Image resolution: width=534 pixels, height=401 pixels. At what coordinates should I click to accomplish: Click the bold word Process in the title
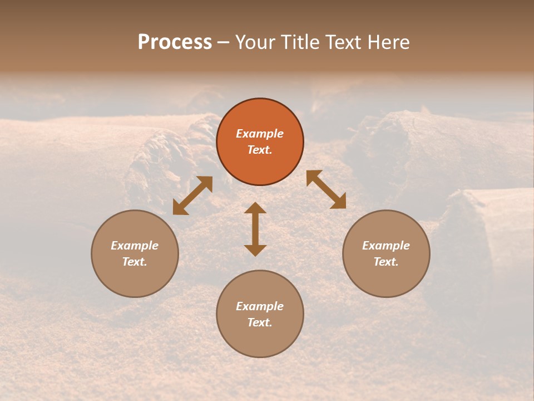click(x=175, y=42)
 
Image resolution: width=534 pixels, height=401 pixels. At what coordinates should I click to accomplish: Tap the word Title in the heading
click(x=301, y=42)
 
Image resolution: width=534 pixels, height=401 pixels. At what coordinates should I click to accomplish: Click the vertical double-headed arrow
click(x=255, y=229)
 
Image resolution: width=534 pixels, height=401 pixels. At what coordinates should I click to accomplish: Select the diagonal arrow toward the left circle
click(x=192, y=195)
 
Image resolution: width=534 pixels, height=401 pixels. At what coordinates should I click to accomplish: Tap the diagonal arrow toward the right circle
click(x=326, y=189)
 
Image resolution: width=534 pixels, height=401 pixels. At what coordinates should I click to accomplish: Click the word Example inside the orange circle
click(x=260, y=134)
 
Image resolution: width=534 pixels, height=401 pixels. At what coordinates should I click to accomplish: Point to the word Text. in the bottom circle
click(x=260, y=322)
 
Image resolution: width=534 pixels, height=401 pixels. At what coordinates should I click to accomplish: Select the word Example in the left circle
click(x=135, y=246)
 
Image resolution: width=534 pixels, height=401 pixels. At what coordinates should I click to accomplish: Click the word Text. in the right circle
click(x=386, y=262)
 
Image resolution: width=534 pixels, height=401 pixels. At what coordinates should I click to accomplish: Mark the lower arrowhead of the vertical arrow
click(x=255, y=250)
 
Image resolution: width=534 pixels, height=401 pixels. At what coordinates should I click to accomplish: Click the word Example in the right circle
click(x=386, y=246)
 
